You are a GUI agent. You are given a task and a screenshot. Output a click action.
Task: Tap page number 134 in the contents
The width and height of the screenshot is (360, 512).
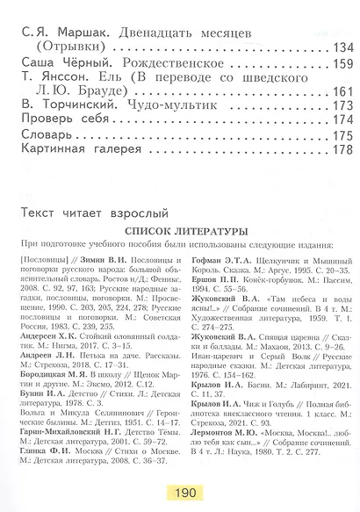tap(341, 48)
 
